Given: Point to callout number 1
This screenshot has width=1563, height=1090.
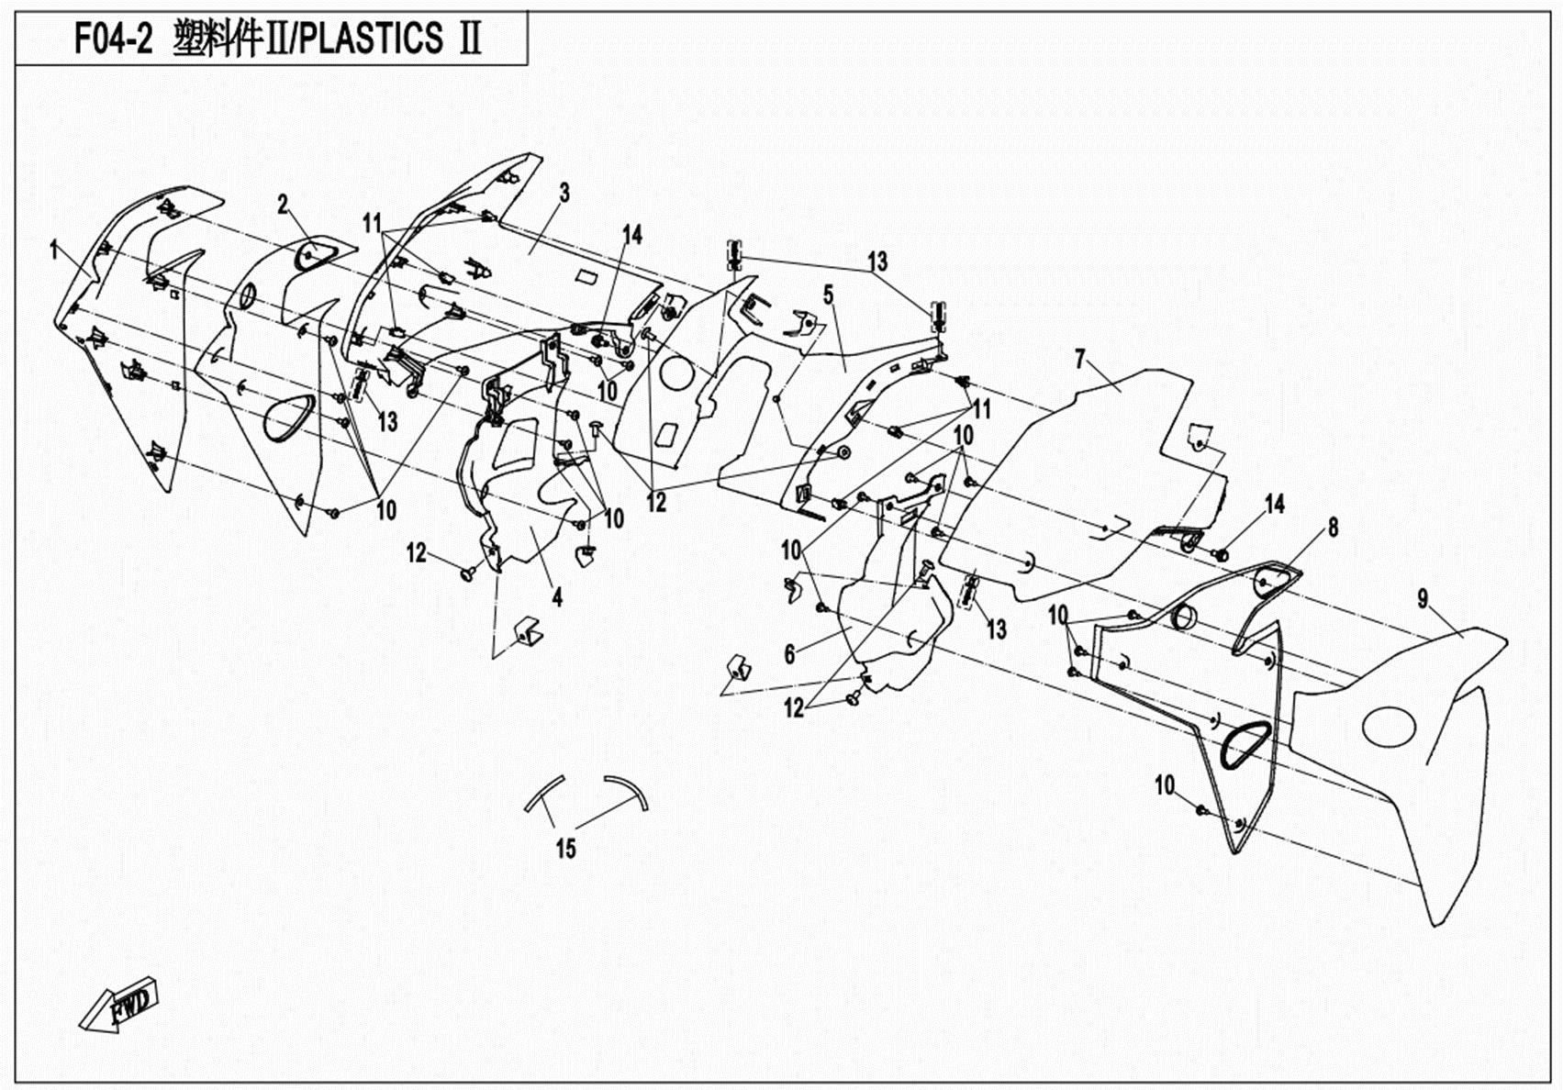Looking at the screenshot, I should click(55, 249).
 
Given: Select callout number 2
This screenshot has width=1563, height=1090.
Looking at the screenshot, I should click(284, 205).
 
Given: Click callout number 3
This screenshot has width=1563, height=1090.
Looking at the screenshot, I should click(564, 193).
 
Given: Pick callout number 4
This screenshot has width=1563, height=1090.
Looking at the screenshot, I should click(557, 597).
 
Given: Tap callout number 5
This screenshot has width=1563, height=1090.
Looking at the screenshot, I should click(828, 295).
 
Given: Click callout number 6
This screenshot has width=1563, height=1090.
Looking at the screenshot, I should click(789, 654).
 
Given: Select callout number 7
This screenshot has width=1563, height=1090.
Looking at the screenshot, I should click(1080, 359).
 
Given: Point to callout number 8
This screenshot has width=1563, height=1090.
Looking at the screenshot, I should click(1333, 527).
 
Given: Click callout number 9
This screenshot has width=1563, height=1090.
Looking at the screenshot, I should click(1423, 599).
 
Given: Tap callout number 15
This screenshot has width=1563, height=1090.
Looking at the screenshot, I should click(566, 849).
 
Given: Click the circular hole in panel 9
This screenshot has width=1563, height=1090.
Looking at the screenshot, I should click(1389, 727).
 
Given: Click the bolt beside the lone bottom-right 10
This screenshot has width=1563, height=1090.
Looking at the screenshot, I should click(1201, 808).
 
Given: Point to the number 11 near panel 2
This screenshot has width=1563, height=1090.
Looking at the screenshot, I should click(372, 223).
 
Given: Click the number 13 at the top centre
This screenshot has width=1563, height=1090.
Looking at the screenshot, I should click(877, 261).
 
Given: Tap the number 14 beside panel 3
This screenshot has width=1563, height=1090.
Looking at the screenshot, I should click(632, 235).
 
